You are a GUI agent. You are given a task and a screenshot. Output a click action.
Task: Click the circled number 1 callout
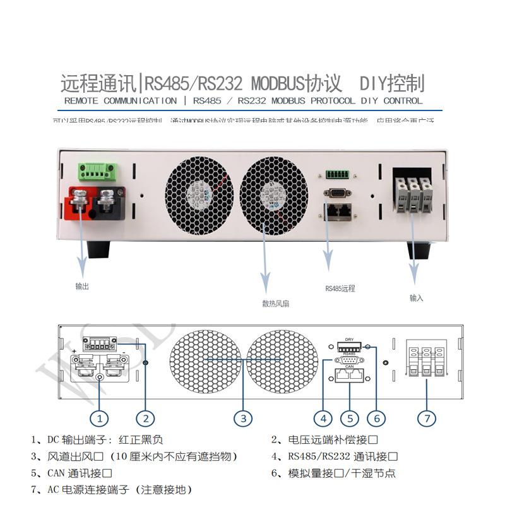pos(99,417)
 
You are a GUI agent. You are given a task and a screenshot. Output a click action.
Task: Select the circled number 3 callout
pos(243,417)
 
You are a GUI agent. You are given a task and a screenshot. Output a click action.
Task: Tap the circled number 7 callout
pos(427,417)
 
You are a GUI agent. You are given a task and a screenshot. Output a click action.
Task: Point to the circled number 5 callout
pos(349,417)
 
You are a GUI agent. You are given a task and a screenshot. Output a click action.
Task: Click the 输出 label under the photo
pos(82,286)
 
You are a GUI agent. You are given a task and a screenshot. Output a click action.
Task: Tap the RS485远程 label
pos(340,288)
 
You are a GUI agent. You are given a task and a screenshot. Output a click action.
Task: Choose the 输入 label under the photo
pos(417,297)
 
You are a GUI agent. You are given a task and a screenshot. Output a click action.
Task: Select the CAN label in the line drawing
pos(349,365)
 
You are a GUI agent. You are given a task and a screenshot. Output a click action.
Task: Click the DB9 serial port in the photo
pos(336,194)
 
